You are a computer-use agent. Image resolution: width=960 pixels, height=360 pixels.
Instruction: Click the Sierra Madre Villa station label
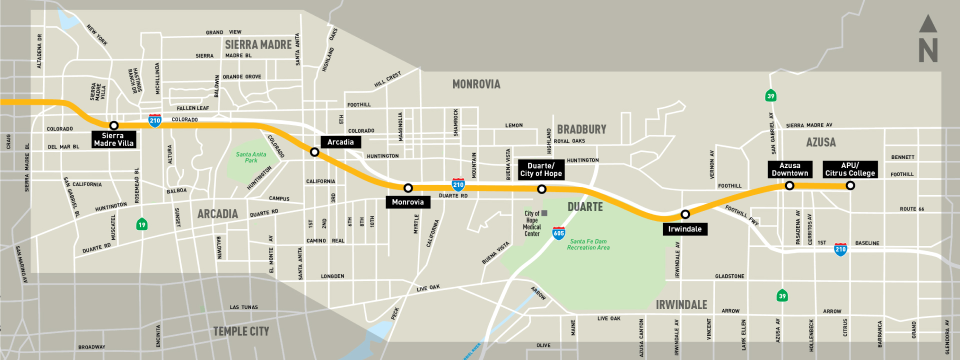(x=113, y=139)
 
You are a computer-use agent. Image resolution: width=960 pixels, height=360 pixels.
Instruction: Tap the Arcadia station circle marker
(x=314, y=152)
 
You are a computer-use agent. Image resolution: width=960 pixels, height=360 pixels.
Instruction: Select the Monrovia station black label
(x=408, y=202)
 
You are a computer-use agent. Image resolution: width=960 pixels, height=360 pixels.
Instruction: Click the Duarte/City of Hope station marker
(x=541, y=189)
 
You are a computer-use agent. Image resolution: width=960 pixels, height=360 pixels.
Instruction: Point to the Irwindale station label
(x=684, y=229)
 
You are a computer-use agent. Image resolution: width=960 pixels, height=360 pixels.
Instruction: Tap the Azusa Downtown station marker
(x=789, y=185)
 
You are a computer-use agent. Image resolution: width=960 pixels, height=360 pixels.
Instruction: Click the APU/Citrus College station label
(x=850, y=169)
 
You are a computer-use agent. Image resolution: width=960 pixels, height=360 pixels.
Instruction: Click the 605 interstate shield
(x=558, y=233)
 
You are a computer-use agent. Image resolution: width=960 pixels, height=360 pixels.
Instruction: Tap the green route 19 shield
(x=142, y=224)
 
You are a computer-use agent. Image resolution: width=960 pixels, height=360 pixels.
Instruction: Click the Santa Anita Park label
(x=251, y=157)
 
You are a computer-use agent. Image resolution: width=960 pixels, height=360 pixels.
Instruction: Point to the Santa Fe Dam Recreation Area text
(x=588, y=244)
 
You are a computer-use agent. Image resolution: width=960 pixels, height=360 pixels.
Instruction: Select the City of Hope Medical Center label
(x=532, y=223)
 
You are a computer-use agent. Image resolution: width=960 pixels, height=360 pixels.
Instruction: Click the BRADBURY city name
(x=581, y=129)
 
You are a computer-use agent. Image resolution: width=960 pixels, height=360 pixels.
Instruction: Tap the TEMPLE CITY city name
(x=241, y=331)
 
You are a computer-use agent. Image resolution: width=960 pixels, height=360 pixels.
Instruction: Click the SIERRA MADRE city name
(x=258, y=45)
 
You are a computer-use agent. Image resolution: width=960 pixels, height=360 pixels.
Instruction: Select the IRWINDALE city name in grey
(x=681, y=305)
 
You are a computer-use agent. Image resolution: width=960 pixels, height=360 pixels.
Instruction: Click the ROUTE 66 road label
(x=911, y=209)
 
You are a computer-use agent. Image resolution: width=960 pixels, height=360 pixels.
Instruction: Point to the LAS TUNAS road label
(x=243, y=307)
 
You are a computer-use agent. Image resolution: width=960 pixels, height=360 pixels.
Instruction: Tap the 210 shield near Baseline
(x=840, y=249)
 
